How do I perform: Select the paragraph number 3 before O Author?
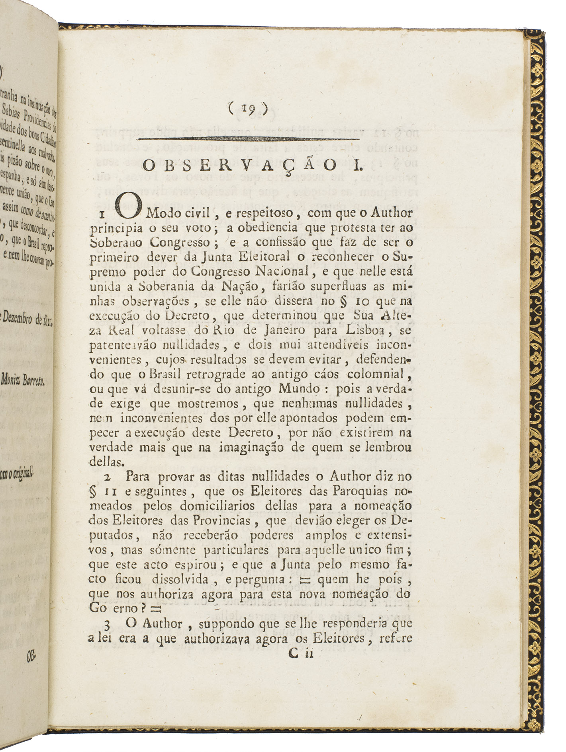tap(107, 625)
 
